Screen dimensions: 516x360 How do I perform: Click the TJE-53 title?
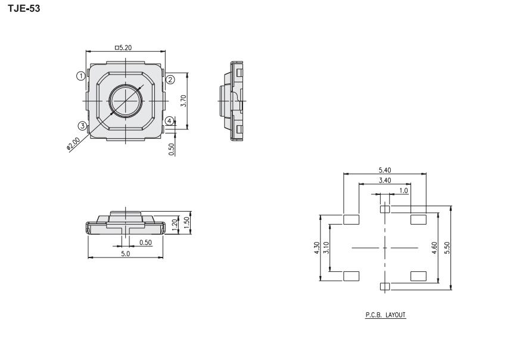click(24, 8)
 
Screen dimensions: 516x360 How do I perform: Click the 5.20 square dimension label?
click(123, 48)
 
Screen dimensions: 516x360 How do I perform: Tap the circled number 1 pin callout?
click(80, 76)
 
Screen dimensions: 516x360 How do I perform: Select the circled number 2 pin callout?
click(170, 79)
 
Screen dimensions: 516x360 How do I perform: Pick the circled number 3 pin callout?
click(82, 125)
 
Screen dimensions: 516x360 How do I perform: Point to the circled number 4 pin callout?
click(169, 121)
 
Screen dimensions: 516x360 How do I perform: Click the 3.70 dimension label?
click(184, 101)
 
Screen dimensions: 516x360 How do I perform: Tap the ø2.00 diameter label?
click(73, 144)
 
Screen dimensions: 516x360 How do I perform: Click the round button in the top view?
click(126, 100)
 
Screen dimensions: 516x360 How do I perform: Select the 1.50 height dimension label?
click(187, 223)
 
